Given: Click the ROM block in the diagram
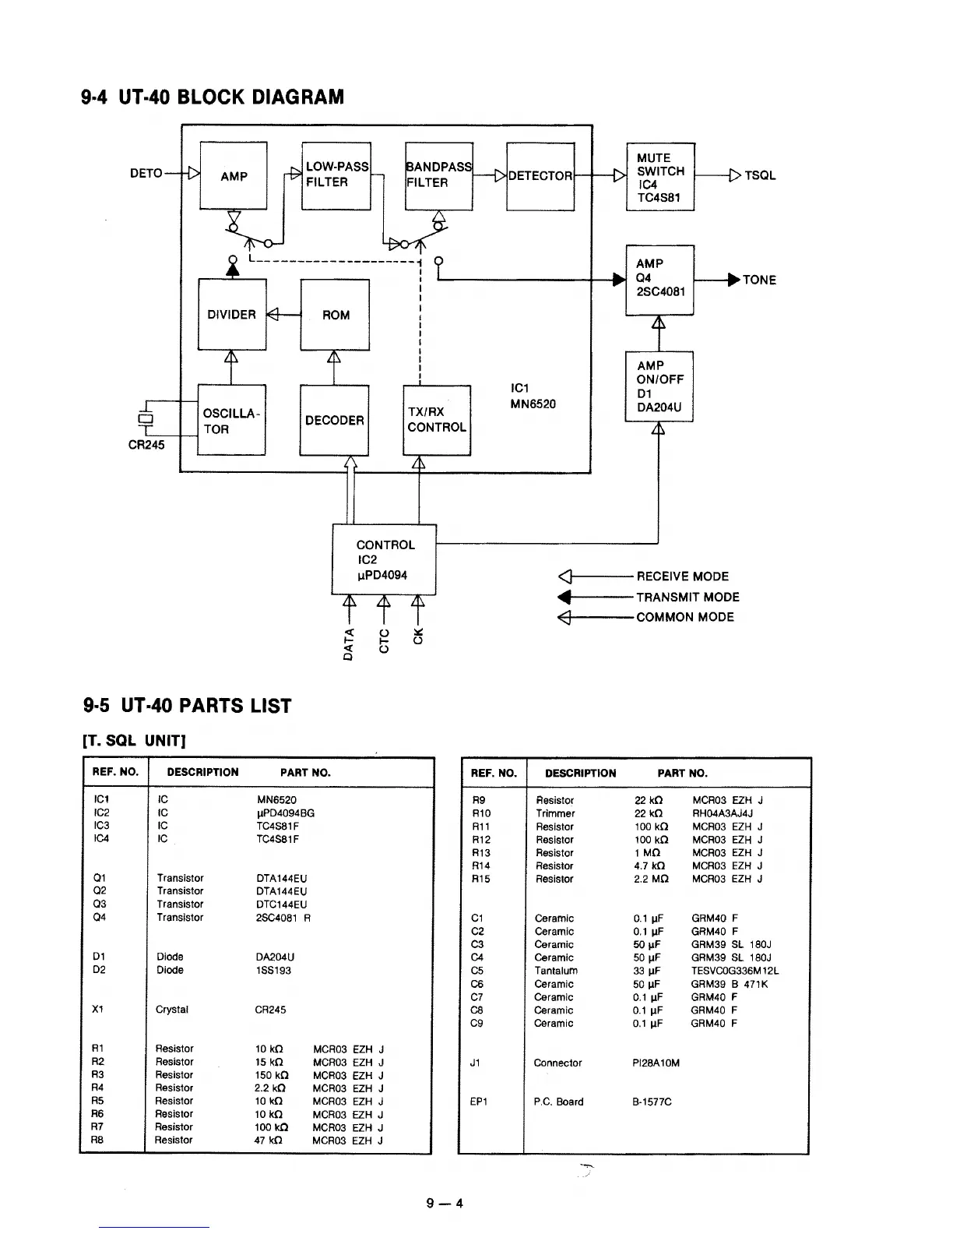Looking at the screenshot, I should tap(335, 315).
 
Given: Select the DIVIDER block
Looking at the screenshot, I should tap(232, 315).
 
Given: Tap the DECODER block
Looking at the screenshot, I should tap(334, 421).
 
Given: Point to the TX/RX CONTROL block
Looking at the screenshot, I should tap(437, 420).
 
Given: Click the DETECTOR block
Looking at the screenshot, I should tap(540, 176).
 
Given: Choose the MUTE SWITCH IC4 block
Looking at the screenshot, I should tap(660, 177).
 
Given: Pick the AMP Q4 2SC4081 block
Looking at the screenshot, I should tap(659, 279).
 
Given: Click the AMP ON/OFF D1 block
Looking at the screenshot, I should tap(659, 386).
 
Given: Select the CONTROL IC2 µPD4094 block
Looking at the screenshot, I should tap(384, 560).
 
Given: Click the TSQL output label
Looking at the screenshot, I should tap(760, 176).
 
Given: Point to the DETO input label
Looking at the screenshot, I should tap(146, 174).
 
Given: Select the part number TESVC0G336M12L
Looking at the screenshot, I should tap(734, 971).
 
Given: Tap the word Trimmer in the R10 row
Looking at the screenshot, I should tap(555, 813).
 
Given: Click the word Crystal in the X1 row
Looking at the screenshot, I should tap(172, 1010).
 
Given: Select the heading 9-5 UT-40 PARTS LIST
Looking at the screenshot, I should tap(187, 706).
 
